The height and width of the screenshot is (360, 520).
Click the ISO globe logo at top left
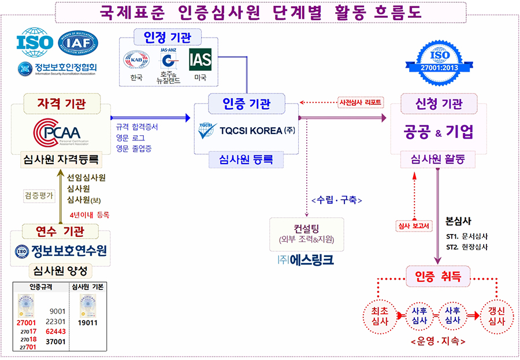coord(35,42)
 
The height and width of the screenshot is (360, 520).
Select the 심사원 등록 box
coord(239,159)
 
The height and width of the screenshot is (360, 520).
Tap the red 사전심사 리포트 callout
coord(361,102)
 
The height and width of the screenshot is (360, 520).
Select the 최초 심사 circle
coord(380,316)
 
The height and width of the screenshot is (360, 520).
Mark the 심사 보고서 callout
coord(414,226)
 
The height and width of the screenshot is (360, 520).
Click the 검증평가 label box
coord(39,195)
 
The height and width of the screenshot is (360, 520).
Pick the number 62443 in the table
coord(57,332)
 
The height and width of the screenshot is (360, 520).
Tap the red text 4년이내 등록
coord(89,214)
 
